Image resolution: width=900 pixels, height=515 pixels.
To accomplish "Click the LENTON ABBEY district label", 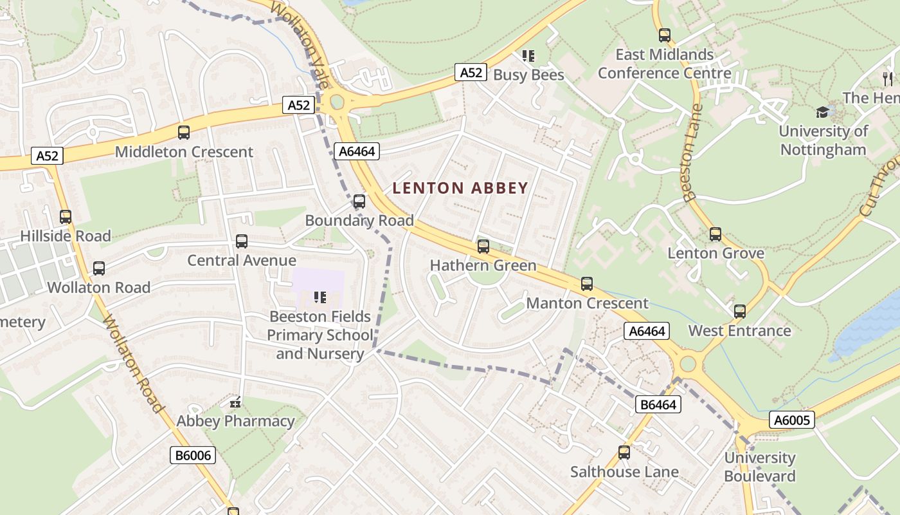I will click(460, 188).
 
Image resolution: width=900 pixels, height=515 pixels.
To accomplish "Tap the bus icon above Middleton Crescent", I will click(184, 133).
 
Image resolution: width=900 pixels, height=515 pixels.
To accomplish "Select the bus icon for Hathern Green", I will click(483, 247).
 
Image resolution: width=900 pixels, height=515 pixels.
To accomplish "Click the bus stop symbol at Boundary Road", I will click(359, 201).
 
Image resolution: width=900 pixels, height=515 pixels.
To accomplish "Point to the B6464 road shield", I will click(658, 404).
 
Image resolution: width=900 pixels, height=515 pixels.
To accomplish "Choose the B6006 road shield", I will click(193, 455).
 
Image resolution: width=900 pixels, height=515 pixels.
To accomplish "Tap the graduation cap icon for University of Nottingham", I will click(822, 113).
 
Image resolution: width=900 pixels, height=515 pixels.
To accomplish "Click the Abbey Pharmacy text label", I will click(235, 422).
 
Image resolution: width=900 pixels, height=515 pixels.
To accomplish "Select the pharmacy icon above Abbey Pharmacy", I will click(235, 402).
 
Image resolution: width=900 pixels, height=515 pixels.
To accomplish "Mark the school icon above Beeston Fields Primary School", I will click(319, 297).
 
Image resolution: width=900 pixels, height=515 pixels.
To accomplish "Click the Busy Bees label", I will click(528, 75).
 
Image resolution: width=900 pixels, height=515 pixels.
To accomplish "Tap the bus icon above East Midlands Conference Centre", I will click(665, 35).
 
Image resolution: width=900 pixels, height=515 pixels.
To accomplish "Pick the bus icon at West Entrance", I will click(740, 312).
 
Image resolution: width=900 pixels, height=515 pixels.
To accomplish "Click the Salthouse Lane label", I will click(624, 472).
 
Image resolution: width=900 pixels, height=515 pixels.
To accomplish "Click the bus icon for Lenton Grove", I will click(715, 234).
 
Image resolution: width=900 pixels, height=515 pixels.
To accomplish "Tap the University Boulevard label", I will click(760, 467).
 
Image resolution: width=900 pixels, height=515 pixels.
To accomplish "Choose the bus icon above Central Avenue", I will click(242, 241).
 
